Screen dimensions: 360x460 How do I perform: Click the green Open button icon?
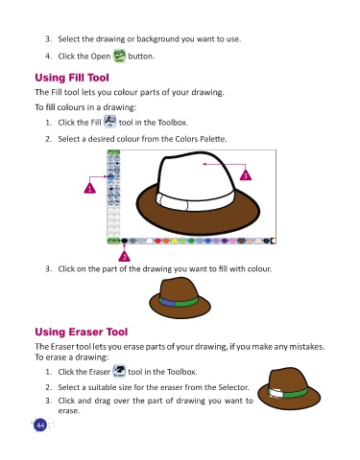pos(120,56)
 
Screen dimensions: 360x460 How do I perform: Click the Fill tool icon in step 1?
pos(109,122)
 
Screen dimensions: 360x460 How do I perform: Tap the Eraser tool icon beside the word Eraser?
pos(119,371)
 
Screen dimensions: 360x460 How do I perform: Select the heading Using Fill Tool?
pos(72,78)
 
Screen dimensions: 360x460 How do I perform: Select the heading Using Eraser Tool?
pos(82,332)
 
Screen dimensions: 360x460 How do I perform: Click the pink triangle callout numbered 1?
pos(89,188)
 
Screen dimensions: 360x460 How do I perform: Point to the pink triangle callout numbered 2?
pos(124,256)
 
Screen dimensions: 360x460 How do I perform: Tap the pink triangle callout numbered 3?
pos(246,175)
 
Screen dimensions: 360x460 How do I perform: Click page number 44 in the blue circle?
pos(40,425)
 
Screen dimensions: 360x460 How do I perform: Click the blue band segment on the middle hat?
pos(168,302)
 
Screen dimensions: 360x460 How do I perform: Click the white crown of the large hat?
pos(195,175)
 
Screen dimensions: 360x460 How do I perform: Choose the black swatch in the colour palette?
pos(125,241)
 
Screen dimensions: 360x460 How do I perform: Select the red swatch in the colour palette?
pos(157,241)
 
